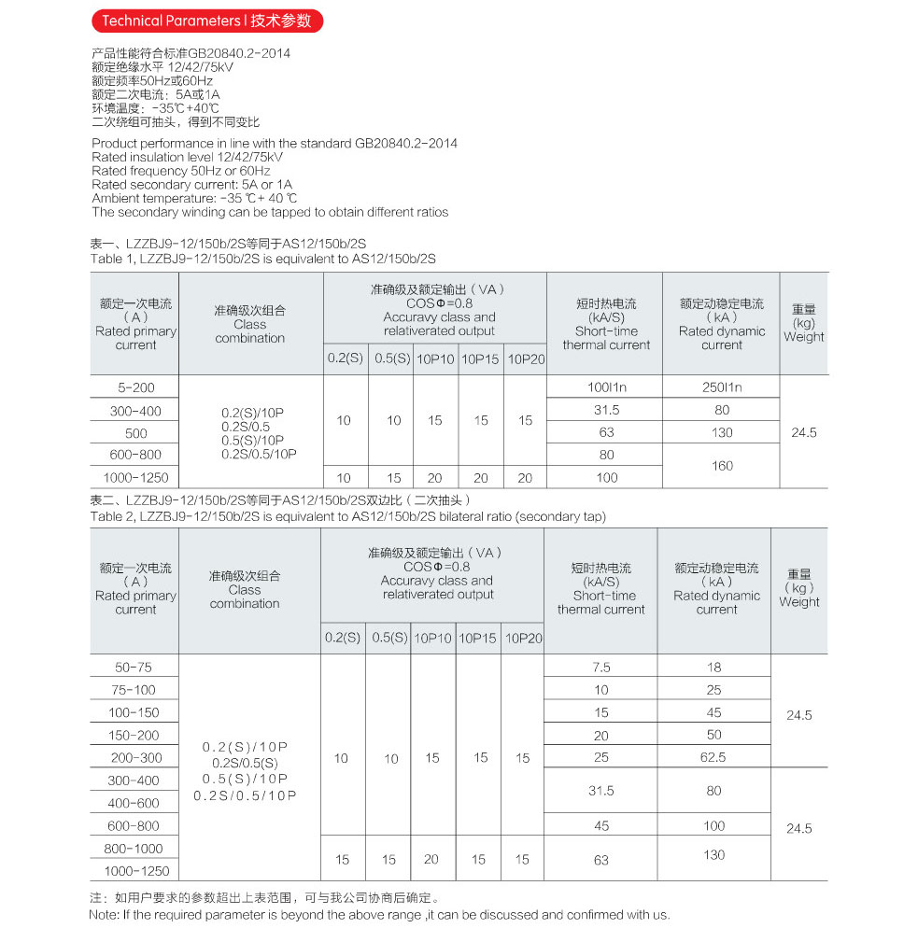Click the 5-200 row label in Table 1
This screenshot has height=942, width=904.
coord(135,387)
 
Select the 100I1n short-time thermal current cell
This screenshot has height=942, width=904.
coord(606,387)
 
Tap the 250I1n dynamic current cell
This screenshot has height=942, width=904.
coord(721,387)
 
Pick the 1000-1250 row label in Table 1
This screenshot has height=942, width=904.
coord(135,477)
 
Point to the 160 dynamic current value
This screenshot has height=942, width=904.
coord(721,465)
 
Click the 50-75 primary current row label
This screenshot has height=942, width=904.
coord(135,668)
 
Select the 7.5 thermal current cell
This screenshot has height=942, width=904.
coord(600,668)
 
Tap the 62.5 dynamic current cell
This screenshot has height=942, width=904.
coord(713,757)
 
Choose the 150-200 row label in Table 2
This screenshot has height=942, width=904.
coord(135,735)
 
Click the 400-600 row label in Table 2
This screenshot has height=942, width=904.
coord(135,803)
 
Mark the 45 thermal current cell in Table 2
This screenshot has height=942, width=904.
coord(600,825)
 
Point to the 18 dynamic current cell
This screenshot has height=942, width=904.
coord(713,668)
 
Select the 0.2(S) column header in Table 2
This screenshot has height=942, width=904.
coord(342,639)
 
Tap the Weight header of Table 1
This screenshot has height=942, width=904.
coord(803,323)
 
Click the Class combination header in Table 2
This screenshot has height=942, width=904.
coord(245,590)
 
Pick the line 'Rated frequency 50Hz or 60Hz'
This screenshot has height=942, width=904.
coord(181,171)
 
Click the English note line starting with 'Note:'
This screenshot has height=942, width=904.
coord(379,915)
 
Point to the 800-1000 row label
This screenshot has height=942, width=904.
coord(135,848)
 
